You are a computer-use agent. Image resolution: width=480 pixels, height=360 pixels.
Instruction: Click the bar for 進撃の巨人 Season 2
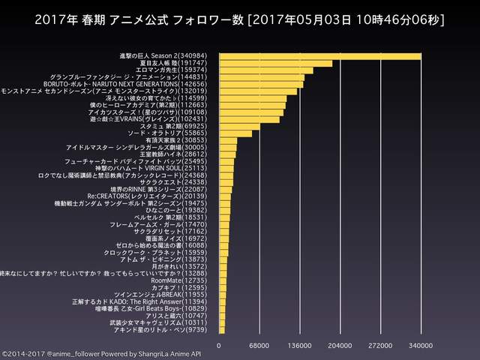(320, 56)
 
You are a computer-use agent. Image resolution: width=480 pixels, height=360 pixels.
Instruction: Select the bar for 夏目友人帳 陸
(275, 63)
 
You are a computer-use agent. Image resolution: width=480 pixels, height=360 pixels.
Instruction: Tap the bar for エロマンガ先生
(266, 70)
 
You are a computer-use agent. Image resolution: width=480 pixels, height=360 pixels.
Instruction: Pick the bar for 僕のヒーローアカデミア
(252, 105)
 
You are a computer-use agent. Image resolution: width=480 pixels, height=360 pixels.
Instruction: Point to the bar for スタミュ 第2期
(239, 126)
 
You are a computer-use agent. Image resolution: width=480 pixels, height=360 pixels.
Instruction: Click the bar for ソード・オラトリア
(235, 133)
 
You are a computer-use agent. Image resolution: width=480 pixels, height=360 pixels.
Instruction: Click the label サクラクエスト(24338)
(183, 181)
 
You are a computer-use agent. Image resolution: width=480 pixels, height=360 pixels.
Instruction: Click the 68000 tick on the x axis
(259, 345)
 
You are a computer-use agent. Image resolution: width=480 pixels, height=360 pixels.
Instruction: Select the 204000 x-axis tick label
(340, 345)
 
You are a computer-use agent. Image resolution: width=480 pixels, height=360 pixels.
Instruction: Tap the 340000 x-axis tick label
(421, 345)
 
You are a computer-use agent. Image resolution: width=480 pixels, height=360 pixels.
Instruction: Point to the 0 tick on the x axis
(219, 345)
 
